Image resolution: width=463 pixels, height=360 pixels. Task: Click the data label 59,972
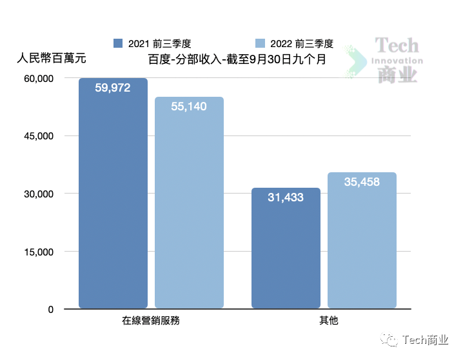pyautogui.click(x=113, y=88)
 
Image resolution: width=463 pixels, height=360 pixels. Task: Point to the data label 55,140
pyautogui.click(x=189, y=106)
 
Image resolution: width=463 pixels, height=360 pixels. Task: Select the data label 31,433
pyautogui.click(x=286, y=197)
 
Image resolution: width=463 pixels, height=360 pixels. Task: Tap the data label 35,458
pyautogui.click(x=362, y=182)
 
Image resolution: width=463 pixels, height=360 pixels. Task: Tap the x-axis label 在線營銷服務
pyautogui.click(x=151, y=321)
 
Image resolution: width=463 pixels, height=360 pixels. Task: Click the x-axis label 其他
pyautogui.click(x=324, y=321)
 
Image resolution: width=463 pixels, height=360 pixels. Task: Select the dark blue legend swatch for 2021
pyautogui.click(x=117, y=43)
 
